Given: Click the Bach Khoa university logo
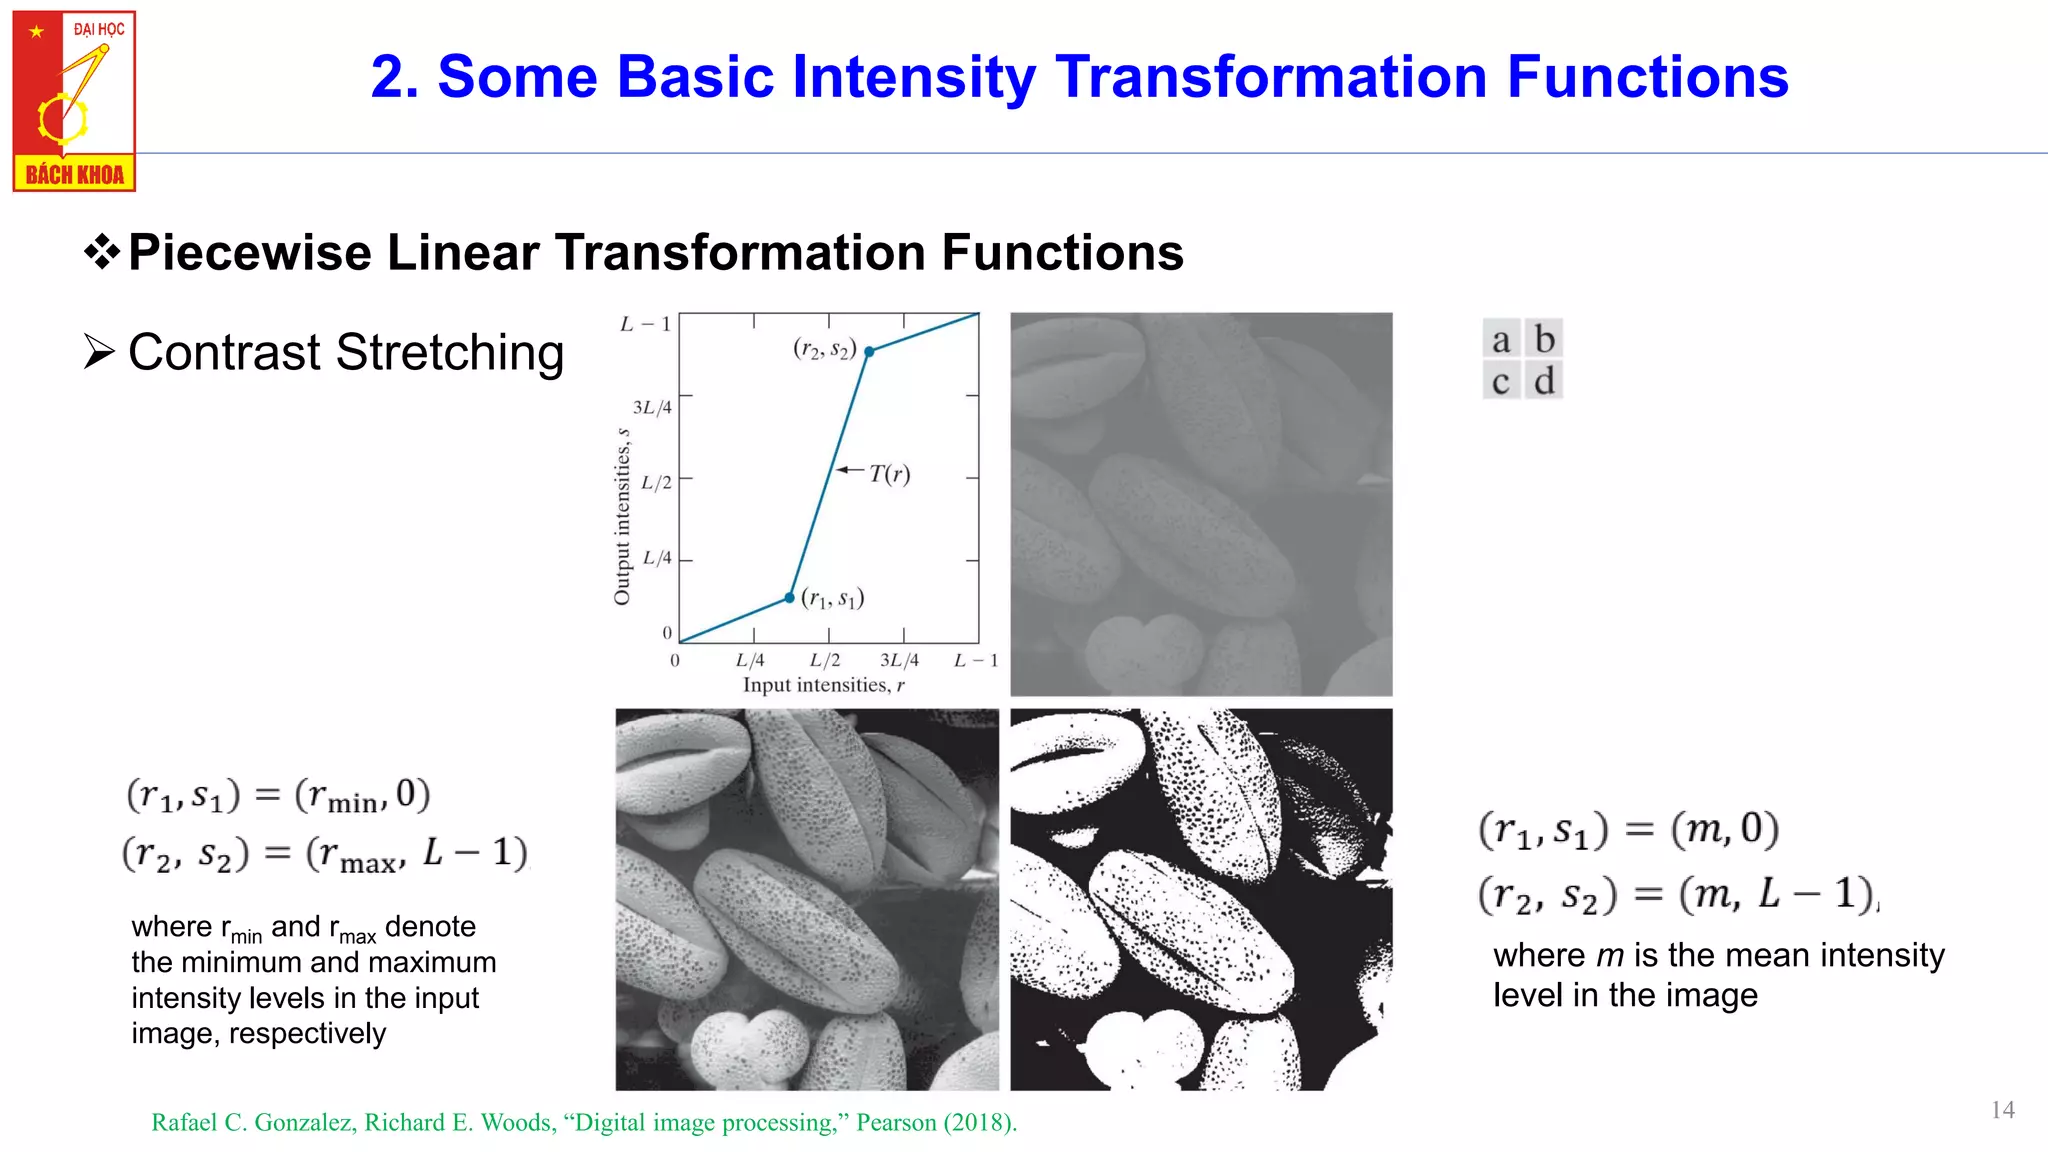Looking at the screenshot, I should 74,100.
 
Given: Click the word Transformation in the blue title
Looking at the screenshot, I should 1270,77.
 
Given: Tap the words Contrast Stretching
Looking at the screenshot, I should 346,353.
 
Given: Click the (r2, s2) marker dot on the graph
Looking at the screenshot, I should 869,352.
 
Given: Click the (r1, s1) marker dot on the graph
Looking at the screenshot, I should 789,598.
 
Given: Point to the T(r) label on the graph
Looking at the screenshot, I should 889,473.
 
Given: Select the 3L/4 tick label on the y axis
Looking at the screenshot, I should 652,407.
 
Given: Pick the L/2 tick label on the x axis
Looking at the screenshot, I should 825,660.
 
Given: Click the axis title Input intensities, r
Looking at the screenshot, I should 823,685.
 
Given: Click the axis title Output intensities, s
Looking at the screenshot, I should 622,516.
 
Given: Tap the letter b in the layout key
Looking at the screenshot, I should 1544,339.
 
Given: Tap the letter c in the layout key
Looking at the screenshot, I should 1500,381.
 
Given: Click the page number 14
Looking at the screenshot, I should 2002,1110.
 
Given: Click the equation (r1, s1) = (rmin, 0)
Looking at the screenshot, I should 278,796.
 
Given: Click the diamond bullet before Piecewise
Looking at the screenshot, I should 101,252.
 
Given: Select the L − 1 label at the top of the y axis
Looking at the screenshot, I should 645,324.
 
